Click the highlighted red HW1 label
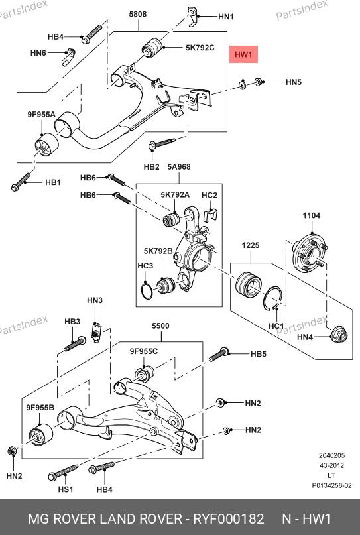click(243, 54)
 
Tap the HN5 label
click(294, 82)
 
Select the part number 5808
click(138, 14)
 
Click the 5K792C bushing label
click(200, 48)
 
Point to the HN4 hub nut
click(339, 334)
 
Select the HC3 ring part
click(147, 290)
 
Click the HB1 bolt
click(21, 182)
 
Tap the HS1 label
click(66, 489)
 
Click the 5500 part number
click(160, 326)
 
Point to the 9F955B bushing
click(40, 435)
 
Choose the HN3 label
click(95, 300)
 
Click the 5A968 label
click(179, 167)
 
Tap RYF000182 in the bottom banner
click(229, 519)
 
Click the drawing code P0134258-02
click(331, 485)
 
